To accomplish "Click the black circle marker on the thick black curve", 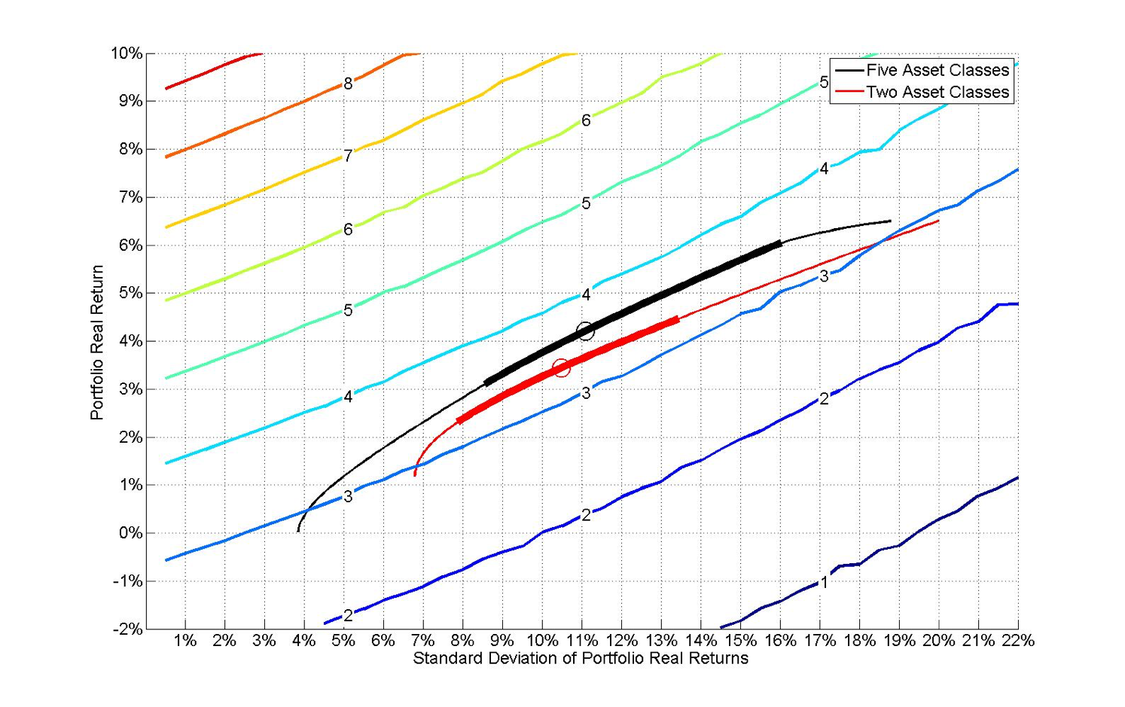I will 585,331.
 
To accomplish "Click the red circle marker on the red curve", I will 561,368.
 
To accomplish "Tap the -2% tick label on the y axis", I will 127,629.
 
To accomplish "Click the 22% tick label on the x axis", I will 1017,641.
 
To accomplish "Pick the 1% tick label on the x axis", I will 185,641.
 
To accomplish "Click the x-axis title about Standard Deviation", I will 581,659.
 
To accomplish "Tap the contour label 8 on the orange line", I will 348,84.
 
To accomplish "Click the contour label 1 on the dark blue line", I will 824,582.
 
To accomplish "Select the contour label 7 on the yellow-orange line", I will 348,156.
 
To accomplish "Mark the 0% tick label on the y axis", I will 130,533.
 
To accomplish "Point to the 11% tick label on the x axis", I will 581,641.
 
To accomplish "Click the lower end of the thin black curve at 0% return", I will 298,531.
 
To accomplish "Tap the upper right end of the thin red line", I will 938,221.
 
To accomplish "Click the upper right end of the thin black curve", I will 890,221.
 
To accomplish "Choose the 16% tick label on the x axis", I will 779,641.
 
